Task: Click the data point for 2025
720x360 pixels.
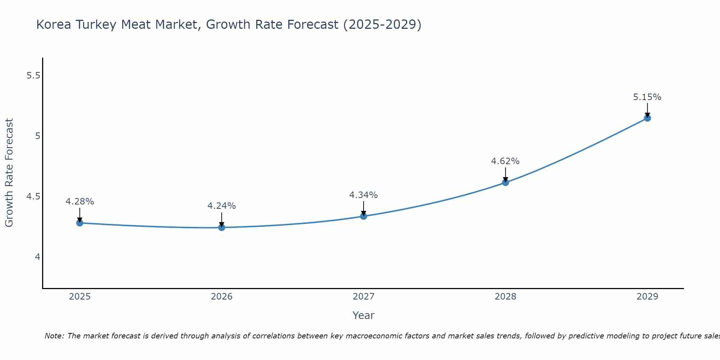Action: click(80, 223)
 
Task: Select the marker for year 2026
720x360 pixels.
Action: click(222, 228)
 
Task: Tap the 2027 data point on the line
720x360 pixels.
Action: click(364, 216)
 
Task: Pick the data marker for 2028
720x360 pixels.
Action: click(505, 183)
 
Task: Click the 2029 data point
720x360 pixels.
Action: click(647, 118)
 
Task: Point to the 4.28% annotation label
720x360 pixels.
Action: click(80, 202)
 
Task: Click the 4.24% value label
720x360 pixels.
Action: click(222, 206)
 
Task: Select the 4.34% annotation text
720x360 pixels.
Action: click(364, 195)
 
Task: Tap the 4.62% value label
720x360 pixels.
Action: click(505, 161)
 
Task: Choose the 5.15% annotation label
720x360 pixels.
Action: click(647, 97)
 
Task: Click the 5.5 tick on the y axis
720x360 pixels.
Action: click(33, 76)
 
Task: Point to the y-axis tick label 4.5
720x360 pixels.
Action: click(33, 197)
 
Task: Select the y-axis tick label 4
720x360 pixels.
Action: click(37, 257)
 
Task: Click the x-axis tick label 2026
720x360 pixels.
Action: click(222, 297)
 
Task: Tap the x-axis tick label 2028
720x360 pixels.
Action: click(505, 297)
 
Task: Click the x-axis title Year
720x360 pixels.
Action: click(364, 315)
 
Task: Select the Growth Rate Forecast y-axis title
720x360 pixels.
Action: click(9, 173)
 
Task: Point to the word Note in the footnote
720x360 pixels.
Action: click(54, 336)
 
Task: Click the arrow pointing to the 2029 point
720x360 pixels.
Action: click(647, 110)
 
